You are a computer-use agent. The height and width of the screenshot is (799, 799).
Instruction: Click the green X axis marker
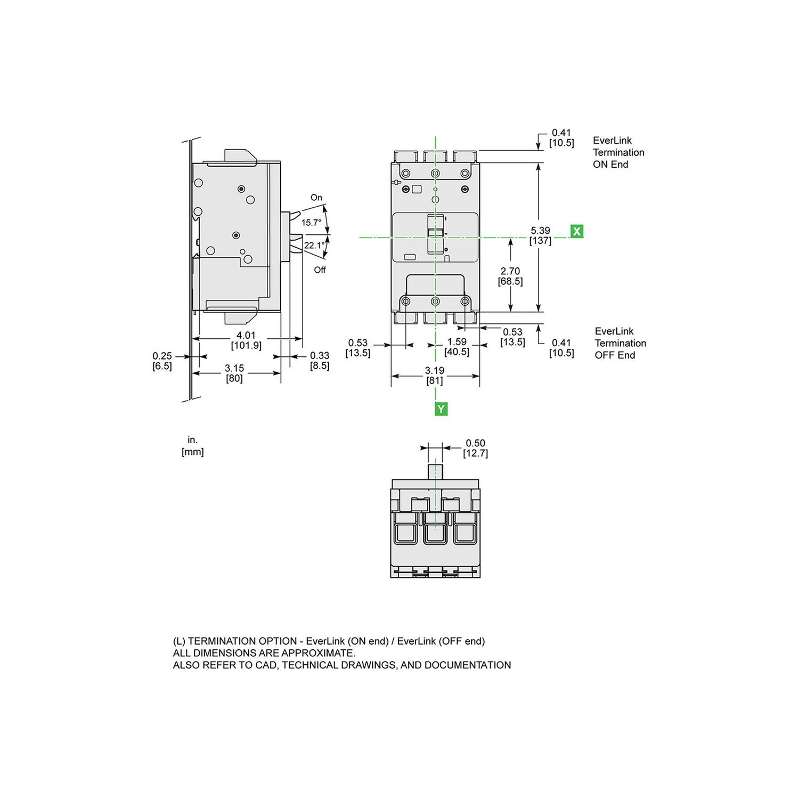click(576, 231)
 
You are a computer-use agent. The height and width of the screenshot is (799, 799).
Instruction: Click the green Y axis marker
click(441, 409)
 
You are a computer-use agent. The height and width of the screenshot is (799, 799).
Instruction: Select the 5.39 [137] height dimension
click(540, 235)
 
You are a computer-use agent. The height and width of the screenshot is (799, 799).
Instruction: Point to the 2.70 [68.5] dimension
click(510, 276)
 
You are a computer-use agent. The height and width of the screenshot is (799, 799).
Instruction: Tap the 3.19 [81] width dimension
click(435, 375)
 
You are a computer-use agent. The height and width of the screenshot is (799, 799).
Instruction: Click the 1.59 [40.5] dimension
click(457, 347)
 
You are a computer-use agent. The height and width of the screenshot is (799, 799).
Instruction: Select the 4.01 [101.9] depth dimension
click(246, 340)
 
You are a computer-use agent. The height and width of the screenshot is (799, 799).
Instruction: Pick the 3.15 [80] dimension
click(234, 373)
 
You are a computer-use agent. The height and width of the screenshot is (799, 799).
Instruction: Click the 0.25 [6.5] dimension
click(162, 361)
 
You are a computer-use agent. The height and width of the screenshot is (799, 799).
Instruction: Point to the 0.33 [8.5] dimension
click(320, 361)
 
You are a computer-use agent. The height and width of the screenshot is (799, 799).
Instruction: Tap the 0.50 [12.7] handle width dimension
click(475, 448)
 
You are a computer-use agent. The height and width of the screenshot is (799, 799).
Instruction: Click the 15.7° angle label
click(312, 223)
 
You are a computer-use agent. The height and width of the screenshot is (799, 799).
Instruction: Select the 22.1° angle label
click(314, 246)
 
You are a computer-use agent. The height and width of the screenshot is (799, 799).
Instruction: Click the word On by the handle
click(316, 198)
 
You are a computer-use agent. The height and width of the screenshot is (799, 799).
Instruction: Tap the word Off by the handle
click(320, 270)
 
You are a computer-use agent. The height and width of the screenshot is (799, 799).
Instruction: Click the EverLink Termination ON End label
click(618, 152)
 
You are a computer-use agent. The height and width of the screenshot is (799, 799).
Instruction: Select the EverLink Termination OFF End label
click(620, 343)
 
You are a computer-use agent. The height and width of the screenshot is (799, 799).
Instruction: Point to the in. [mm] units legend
click(192, 446)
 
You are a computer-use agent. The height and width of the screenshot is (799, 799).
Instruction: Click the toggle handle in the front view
click(435, 233)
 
